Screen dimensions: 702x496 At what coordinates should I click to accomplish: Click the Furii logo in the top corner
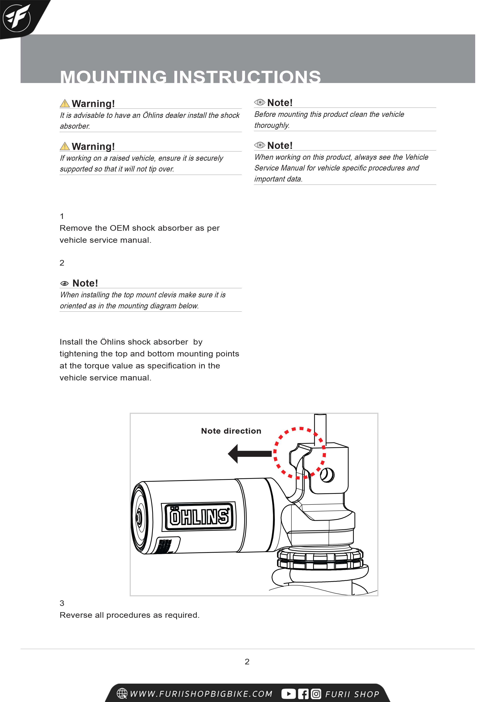click(x=17, y=18)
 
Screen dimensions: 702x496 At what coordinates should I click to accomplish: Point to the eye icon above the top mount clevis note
click(x=64, y=283)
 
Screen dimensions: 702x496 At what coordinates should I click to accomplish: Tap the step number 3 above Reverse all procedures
click(x=62, y=603)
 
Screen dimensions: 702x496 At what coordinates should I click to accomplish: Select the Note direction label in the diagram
click(x=231, y=431)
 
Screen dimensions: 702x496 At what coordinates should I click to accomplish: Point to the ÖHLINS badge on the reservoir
click(x=199, y=517)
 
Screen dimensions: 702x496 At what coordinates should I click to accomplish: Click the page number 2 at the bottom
click(x=247, y=662)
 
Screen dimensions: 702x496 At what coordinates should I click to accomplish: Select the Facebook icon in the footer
click(x=303, y=694)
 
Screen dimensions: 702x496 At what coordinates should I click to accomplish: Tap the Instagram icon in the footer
click(x=316, y=694)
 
